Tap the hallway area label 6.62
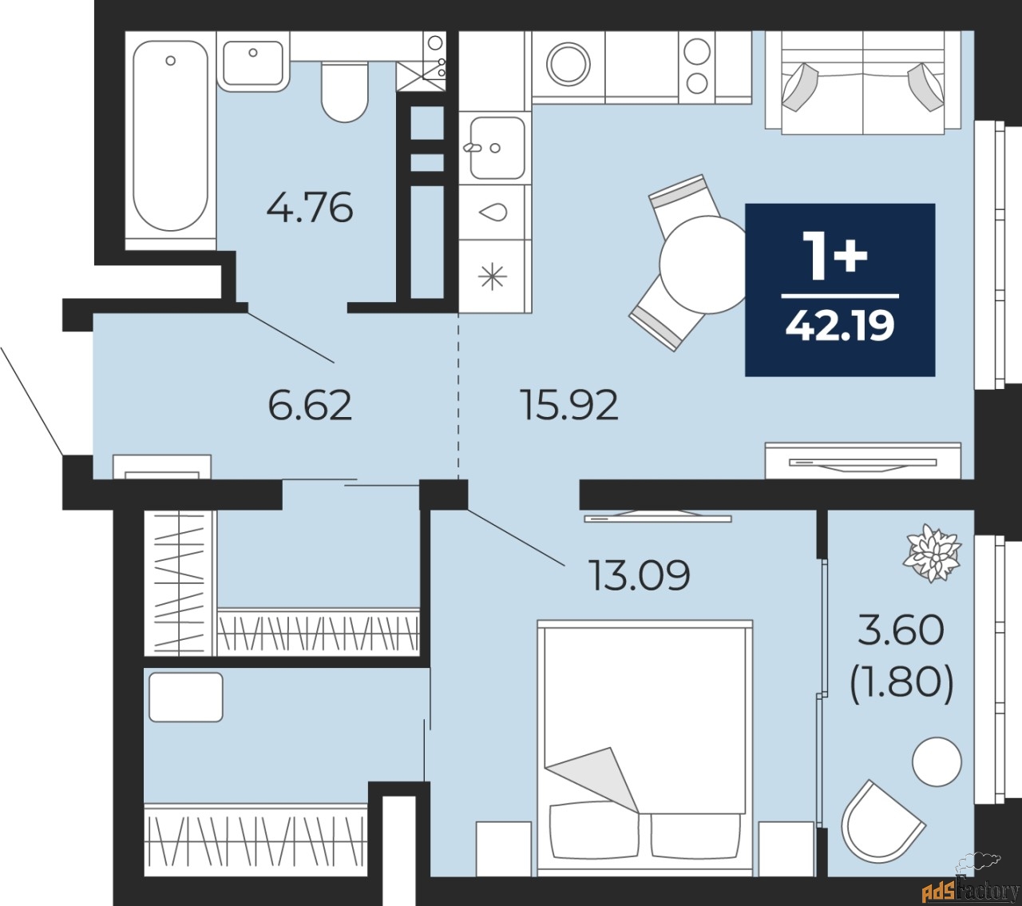(x=310, y=405)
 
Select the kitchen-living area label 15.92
(x=568, y=405)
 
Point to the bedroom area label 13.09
(x=639, y=574)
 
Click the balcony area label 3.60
(x=901, y=630)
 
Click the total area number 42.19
(x=840, y=326)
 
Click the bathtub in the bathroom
(x=170, y=136)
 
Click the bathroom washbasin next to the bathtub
(x=253, y=62)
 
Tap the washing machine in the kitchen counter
(x=568, y=62)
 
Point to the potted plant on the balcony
(x=933, y=552)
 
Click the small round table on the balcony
(x=937, y=761)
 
